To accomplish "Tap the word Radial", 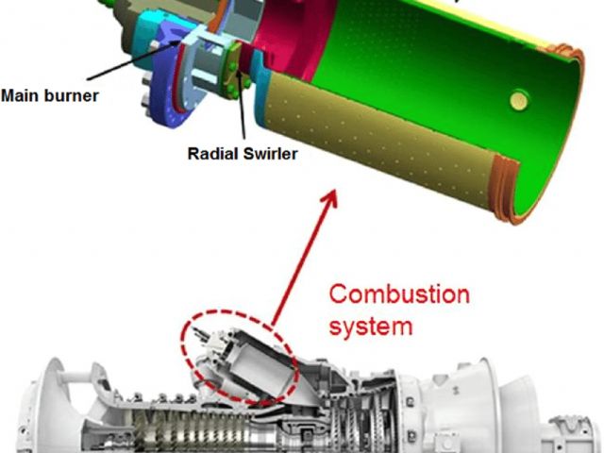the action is [x=213, y=154].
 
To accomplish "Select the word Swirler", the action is [x=271, y=154].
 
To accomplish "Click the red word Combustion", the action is [x=399, y=294].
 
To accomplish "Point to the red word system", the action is [x=371, y=327].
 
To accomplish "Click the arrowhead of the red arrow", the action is [x=330, y=198].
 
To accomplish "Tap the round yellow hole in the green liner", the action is [x=518, y=100].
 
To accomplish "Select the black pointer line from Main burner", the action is [x=133, y=59].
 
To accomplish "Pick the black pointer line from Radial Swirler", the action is [x=242, y=105].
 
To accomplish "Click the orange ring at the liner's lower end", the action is [x=506, y=190].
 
